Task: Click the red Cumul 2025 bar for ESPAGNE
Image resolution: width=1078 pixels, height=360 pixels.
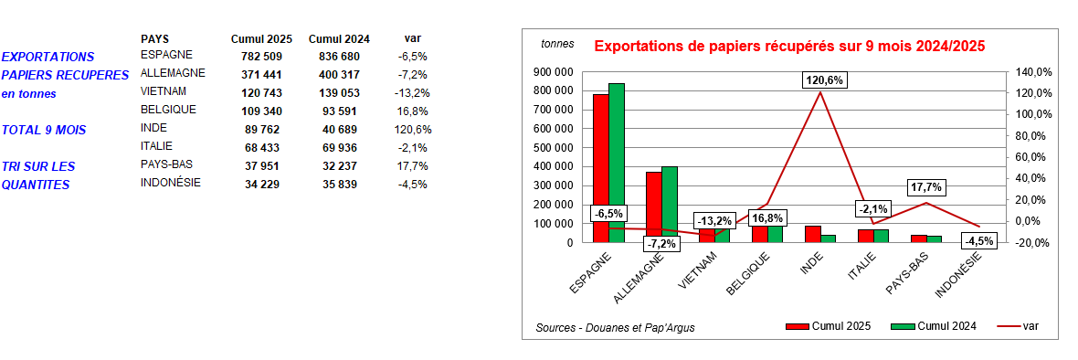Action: (x=600, y=155)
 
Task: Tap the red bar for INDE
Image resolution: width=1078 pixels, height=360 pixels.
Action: (x=812, y=233)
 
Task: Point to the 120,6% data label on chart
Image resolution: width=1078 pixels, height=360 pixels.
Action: (x=825, y=80)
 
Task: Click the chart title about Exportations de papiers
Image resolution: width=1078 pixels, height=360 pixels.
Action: (x=789, y=45)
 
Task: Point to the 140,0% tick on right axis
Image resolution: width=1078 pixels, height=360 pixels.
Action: (x=1033, y=71)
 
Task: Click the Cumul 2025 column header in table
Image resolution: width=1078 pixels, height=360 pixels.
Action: (x=261, y=38)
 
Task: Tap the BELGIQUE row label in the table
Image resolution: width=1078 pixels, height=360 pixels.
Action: (x=168, y=110)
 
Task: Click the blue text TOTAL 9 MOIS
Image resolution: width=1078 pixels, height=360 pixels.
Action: (x=44, y=130)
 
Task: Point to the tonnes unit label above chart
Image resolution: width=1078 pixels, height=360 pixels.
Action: (x=557, y=44)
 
